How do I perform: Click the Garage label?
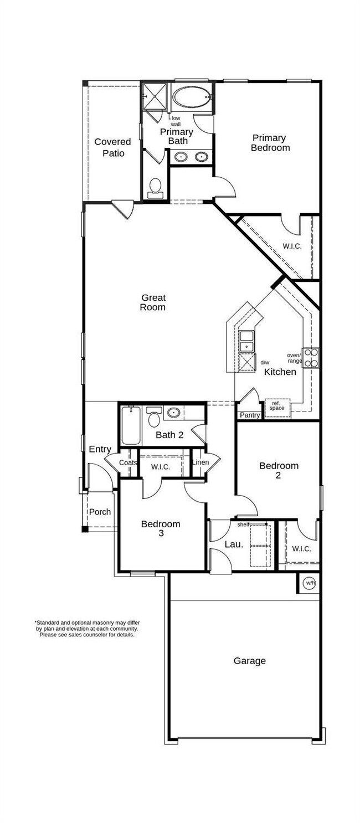tap(249, 661)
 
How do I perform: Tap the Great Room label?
tap(152, 302)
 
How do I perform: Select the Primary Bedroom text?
tap(270, 143)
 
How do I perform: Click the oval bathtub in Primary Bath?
tap(192, 98)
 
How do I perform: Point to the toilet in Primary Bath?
tap(155, 187)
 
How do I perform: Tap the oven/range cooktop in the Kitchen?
tap(311, 357)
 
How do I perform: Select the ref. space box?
tap(277, 407)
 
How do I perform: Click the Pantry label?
tap(249, 415)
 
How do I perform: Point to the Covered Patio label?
tap(113, 147)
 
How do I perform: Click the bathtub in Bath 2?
tap(131, 425)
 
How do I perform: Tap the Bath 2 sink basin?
tap(174, 412)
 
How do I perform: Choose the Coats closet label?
tap(128, 462)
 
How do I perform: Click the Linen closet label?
tap(200, 462)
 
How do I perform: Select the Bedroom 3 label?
tap(161, 528)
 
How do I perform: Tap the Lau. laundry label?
tap(234, 544)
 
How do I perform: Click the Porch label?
tap(100, 512)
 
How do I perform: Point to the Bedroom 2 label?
tap(279, 471)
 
